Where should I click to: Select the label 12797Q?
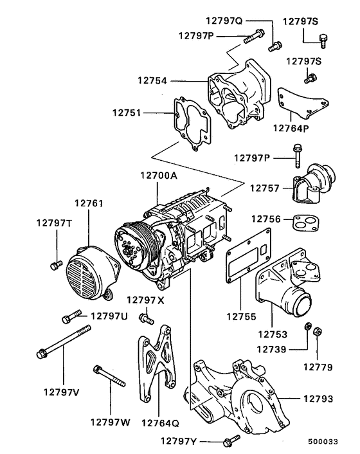(x=224, y=20)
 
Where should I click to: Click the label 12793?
(x=319, y=399)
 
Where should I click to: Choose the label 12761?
(x=89, y=203)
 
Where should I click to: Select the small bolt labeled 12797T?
(x=56, y=264)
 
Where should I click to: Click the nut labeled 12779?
(x=319, y=332)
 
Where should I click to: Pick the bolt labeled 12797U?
(x=71, y=317)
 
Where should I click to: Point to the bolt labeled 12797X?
(x=146, y=317)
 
